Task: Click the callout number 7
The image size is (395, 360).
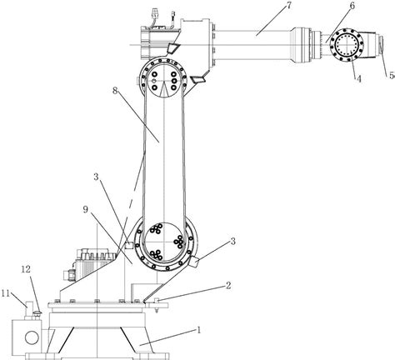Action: click(x=288, y=5)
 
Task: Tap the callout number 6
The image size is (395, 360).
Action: click(x=352, y=6)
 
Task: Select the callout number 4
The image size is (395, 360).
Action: click(x=359, y=79)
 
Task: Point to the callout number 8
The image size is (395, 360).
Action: click(x=115, y=91)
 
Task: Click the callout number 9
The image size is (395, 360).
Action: click(x=86, y=209)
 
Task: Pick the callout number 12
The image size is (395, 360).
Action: click(x=26, y=269)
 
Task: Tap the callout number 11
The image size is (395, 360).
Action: click(x=6, y=293)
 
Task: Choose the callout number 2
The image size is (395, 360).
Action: click(x=228, y=285)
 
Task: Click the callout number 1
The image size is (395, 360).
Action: click(x=198, y=330)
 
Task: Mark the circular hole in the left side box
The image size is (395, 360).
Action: click(x=32, y=337)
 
